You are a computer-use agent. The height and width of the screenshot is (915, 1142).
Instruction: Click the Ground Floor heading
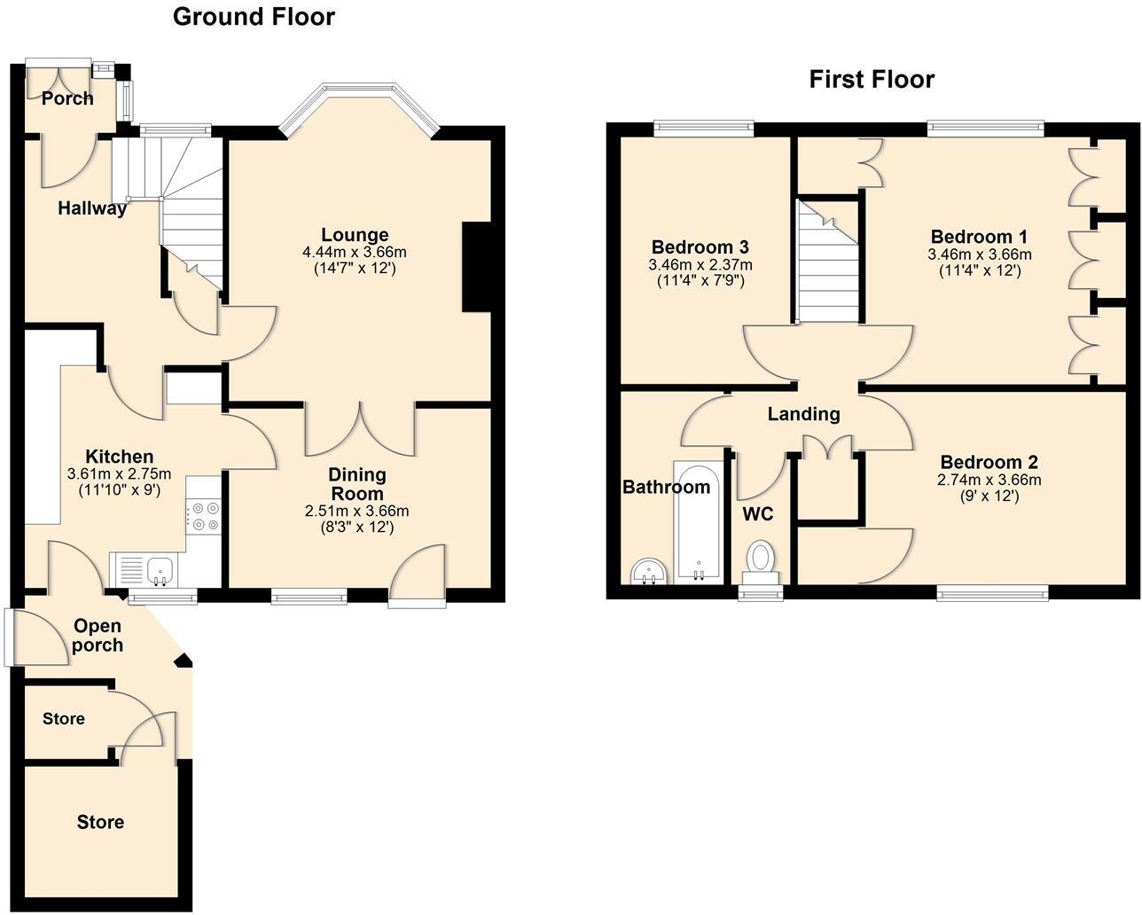click(254, 17)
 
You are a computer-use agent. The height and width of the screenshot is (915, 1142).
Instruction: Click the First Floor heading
click(872, 80)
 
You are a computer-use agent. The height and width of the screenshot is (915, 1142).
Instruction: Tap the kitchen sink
click(145, 569)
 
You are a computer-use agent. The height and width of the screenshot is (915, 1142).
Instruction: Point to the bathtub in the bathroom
click(700, 523)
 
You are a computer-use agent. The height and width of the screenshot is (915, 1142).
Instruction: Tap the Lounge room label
click(355, 235)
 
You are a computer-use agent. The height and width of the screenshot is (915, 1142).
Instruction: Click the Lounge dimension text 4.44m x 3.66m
click(355, 252)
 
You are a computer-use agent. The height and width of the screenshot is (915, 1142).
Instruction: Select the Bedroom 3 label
click(700, 247)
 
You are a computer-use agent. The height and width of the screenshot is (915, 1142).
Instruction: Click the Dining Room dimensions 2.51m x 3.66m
click(356, 512)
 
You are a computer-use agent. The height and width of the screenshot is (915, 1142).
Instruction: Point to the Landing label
click(803, 414)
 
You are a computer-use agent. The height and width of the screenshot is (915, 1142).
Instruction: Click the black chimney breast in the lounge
click(476, 266)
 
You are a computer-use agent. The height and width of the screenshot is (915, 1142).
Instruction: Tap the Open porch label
click(98, 635)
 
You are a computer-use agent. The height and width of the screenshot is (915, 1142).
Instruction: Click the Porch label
click(68, 98)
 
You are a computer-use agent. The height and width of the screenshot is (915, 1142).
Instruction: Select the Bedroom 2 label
click(989, 463)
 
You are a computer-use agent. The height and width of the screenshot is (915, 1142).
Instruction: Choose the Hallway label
click(92, 209)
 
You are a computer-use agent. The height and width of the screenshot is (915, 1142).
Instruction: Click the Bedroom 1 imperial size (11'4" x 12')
click(979, 270)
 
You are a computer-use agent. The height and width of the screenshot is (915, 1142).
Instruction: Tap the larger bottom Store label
click(100, 822)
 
